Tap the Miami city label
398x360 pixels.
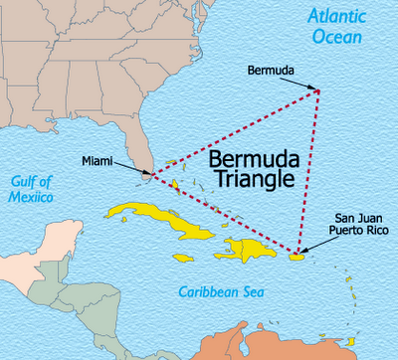pyautogui.click(x=97, y=161)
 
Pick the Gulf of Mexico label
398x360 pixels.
pyautogui.click(x=32, y=189)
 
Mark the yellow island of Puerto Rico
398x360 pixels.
pyautogui.click(x=296, y=256)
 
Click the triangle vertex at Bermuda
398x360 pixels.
pyautogui.click(x=318, y=91)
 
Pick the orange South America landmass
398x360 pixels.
pyautogui.click(x=338, y=333)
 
